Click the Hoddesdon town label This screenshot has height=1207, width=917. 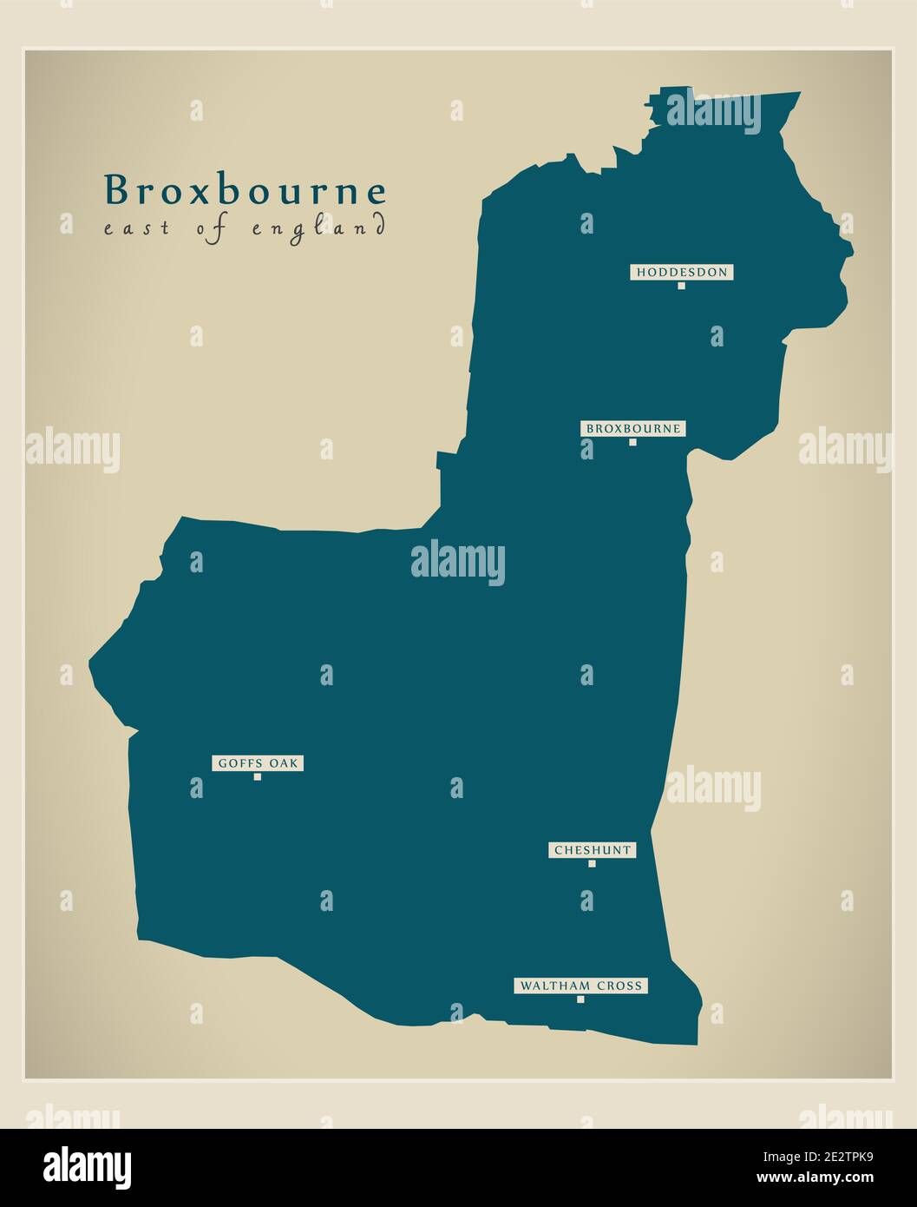tap(681, 273)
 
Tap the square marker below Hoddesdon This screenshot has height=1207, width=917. tap(681, 286)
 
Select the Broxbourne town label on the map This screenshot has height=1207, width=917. tap(632, 429)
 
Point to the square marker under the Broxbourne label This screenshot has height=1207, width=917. tap(632, 442)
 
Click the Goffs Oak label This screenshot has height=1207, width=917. tap(258, 763)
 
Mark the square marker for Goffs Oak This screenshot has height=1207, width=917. tap(258, 777)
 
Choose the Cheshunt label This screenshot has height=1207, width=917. tap(592, 850)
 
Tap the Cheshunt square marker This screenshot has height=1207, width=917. tap(592, 864)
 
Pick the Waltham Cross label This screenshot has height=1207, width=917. tap(580, 986)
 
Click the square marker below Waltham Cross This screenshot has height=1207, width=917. tap(580, 999)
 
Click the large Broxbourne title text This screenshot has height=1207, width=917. tap(245, 191)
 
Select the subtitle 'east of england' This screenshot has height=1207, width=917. tap(245, 229)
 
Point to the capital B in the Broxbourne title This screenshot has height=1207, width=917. tap(115, 191)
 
